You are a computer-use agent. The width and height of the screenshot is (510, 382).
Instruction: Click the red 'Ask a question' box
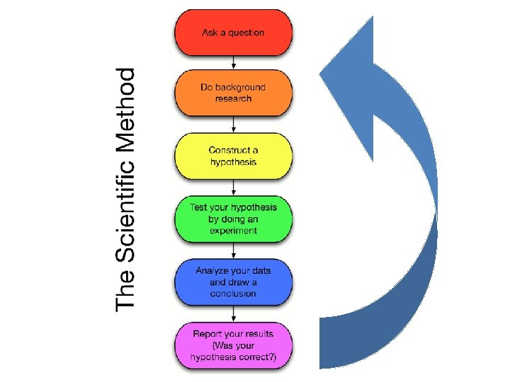(x=233, y=33)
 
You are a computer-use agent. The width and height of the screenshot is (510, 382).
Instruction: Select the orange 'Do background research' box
(x=233, y=93)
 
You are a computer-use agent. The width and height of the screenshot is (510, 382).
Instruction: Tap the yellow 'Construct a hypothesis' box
(x=233, y=156)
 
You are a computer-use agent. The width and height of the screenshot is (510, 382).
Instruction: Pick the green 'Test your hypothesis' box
(x=233, y=219)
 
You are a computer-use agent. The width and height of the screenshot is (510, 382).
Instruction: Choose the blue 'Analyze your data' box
(x=233, y=282)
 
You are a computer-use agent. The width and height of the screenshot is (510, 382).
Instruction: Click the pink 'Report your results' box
(x=233, y=346)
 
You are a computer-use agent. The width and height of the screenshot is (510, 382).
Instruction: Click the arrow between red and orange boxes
(x=233, y=63)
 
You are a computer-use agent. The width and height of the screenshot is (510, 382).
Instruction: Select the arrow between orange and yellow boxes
(x=233, y=125)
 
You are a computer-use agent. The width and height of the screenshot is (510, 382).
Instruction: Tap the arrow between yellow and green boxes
(x=233, y=187)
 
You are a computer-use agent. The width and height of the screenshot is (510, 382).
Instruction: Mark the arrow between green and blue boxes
(x=233, y=251)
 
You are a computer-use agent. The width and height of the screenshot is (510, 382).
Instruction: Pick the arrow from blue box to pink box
(x=233, y=314)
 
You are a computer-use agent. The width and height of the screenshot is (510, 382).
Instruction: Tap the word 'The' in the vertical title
(x=125, y=289)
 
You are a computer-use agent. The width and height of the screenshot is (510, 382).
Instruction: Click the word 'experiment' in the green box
(x=233, y=231)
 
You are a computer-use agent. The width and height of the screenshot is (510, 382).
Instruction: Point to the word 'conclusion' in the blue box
(x=233, y=294)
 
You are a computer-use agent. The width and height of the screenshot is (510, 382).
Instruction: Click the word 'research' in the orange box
(x=233, y=98)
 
